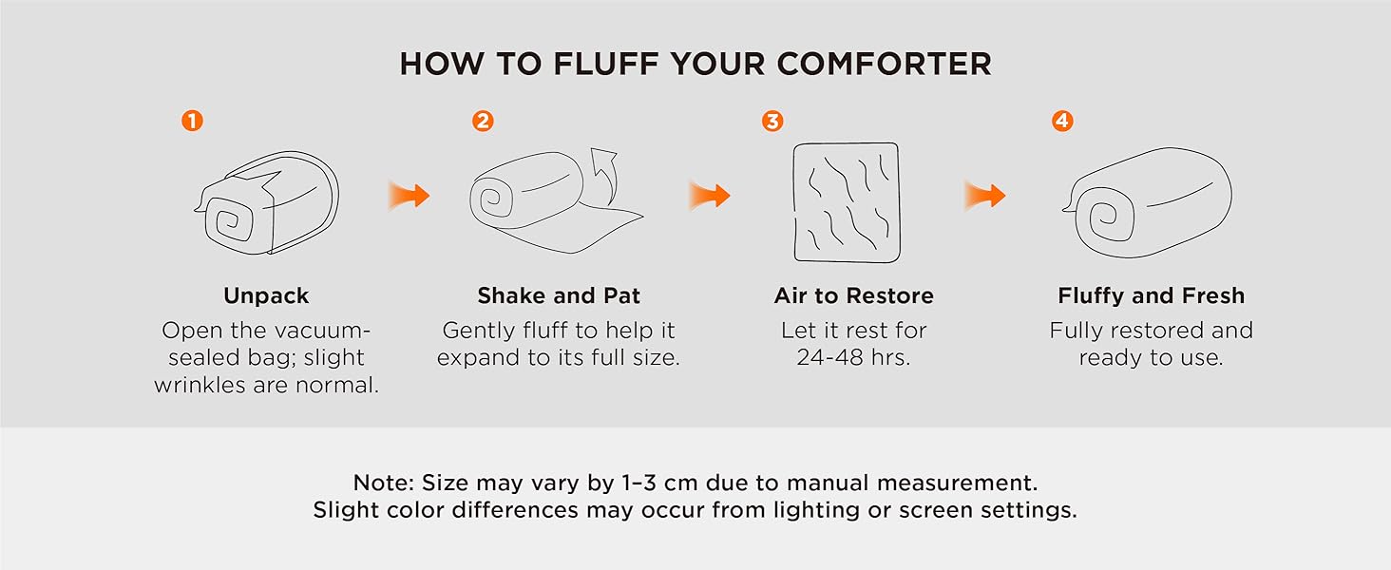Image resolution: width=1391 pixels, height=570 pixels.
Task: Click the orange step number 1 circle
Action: pyautogui.click(x=192, y=122)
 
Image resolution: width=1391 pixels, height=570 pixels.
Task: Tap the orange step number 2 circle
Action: pyautogui.click(x=483, y=122)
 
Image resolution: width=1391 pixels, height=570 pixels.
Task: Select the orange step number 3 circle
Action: pyautogui.click(x=772, y=122)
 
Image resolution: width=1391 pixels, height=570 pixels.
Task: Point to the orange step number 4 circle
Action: pyautogui.click(x=1062, y=122)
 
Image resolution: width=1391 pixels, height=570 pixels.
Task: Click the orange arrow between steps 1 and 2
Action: pyautogui.click(x=409, y=197)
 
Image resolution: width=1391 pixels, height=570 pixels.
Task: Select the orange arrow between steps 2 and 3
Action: pyautogui.click(x=710, y=197)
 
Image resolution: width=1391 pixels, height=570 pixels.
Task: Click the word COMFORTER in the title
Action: pyautogui.click(x=884, y=64)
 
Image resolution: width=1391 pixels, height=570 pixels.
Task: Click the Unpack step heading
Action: pyautogui.click(x=266, y=296)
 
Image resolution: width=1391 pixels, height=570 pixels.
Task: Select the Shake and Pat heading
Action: pyautogui.click(x=559, y=296)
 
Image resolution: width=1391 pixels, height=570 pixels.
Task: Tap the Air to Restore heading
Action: pyautogui.click(x=853, y=296)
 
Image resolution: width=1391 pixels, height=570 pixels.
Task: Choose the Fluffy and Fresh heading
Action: pyautogui.click(x=1151, y=296)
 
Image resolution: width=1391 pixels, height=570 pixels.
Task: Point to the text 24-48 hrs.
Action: pyautogui.click(x=853, y=358)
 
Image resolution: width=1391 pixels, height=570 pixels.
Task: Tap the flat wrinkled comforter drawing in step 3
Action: pyautogui.click(x=846, y=201)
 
